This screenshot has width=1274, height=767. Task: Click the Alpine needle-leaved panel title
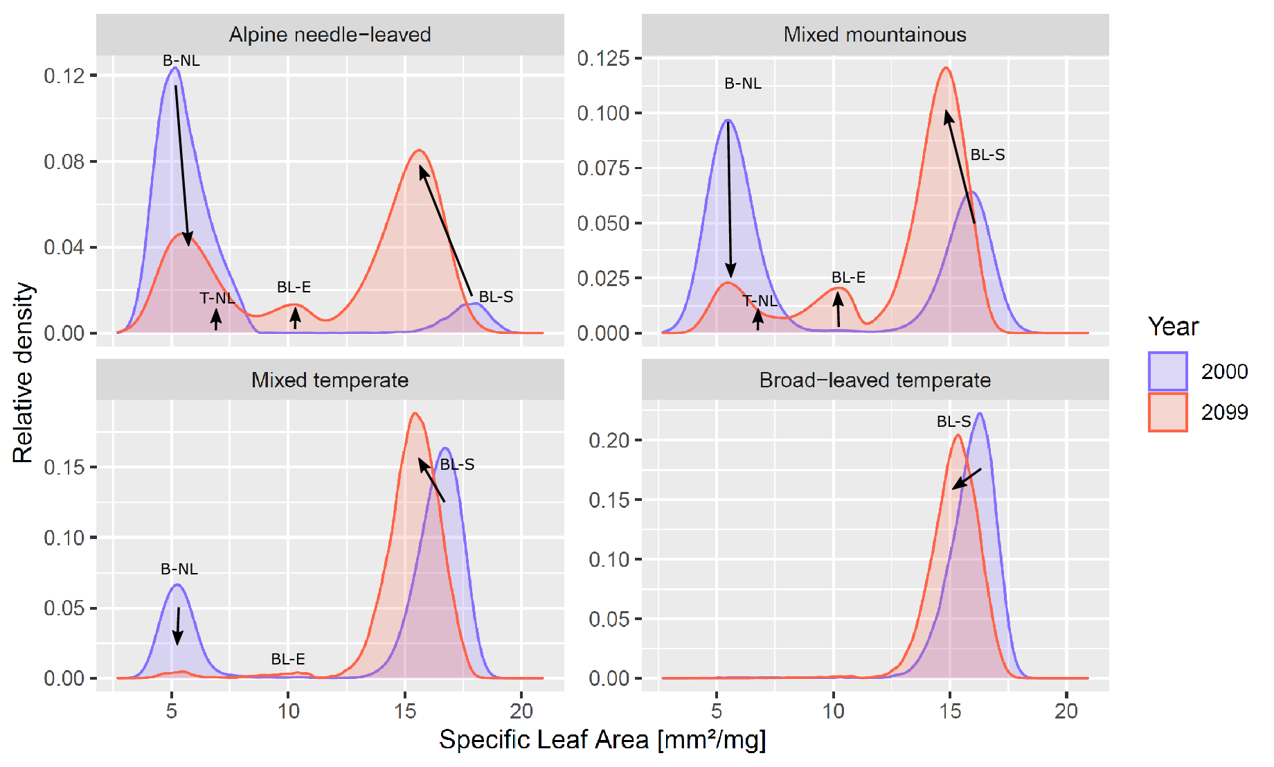click(330, 35)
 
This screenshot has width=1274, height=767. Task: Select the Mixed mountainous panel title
click(874, 35)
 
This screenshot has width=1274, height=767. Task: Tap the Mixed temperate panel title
click(330, 380)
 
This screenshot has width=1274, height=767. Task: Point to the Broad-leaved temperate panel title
click(874, 380)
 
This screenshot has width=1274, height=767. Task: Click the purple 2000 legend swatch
click(1167, 371)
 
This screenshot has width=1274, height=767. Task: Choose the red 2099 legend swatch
click(1167, 412)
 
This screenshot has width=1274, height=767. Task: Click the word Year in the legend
click(1173, 326)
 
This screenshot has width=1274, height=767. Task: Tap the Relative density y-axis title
click(23, 373)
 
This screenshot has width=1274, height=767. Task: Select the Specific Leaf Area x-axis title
click(602, 740)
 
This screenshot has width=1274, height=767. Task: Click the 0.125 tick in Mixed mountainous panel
click(603, 58)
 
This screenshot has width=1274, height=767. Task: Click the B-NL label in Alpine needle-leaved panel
click(181, 61)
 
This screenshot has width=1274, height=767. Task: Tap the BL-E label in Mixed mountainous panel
click(848, 278)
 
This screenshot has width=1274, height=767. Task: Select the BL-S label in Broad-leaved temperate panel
click(953, 421)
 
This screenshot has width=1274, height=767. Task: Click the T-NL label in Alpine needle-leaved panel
click(217, 299)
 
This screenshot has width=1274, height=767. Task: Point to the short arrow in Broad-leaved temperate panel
click(967, 479)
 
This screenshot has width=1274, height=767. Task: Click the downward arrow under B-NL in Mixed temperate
click(178, 626)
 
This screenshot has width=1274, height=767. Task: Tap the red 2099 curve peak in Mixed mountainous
click(946, 68)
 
